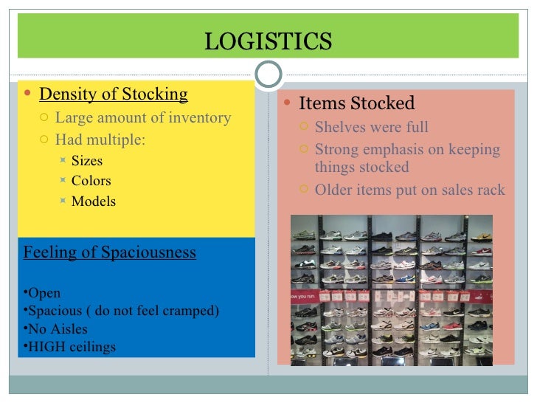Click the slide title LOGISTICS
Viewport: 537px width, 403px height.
tap(268, 41)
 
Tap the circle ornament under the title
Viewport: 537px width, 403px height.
tap(268, 74)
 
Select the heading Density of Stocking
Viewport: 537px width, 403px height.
tap(113, 94)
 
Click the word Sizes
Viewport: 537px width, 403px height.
tap(87, 161)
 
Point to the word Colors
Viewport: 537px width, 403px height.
tap(91, 181)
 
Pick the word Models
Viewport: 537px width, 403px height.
tap(94, 201)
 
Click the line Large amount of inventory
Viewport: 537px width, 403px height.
tap(143, 117)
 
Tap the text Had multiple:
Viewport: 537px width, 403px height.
tap(100, 139)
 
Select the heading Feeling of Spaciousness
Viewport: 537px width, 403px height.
tap(110, 252)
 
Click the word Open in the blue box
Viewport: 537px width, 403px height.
tap(44, 293)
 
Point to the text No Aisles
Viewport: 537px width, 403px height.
tap(57, 329)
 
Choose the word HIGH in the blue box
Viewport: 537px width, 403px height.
tap(46, 347)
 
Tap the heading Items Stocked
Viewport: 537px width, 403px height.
tap(357, 103)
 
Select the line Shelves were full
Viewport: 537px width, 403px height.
tap(371, 127)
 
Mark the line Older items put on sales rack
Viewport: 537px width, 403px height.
tap(409, 190)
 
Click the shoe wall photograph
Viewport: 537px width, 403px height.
tap(392, 290)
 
